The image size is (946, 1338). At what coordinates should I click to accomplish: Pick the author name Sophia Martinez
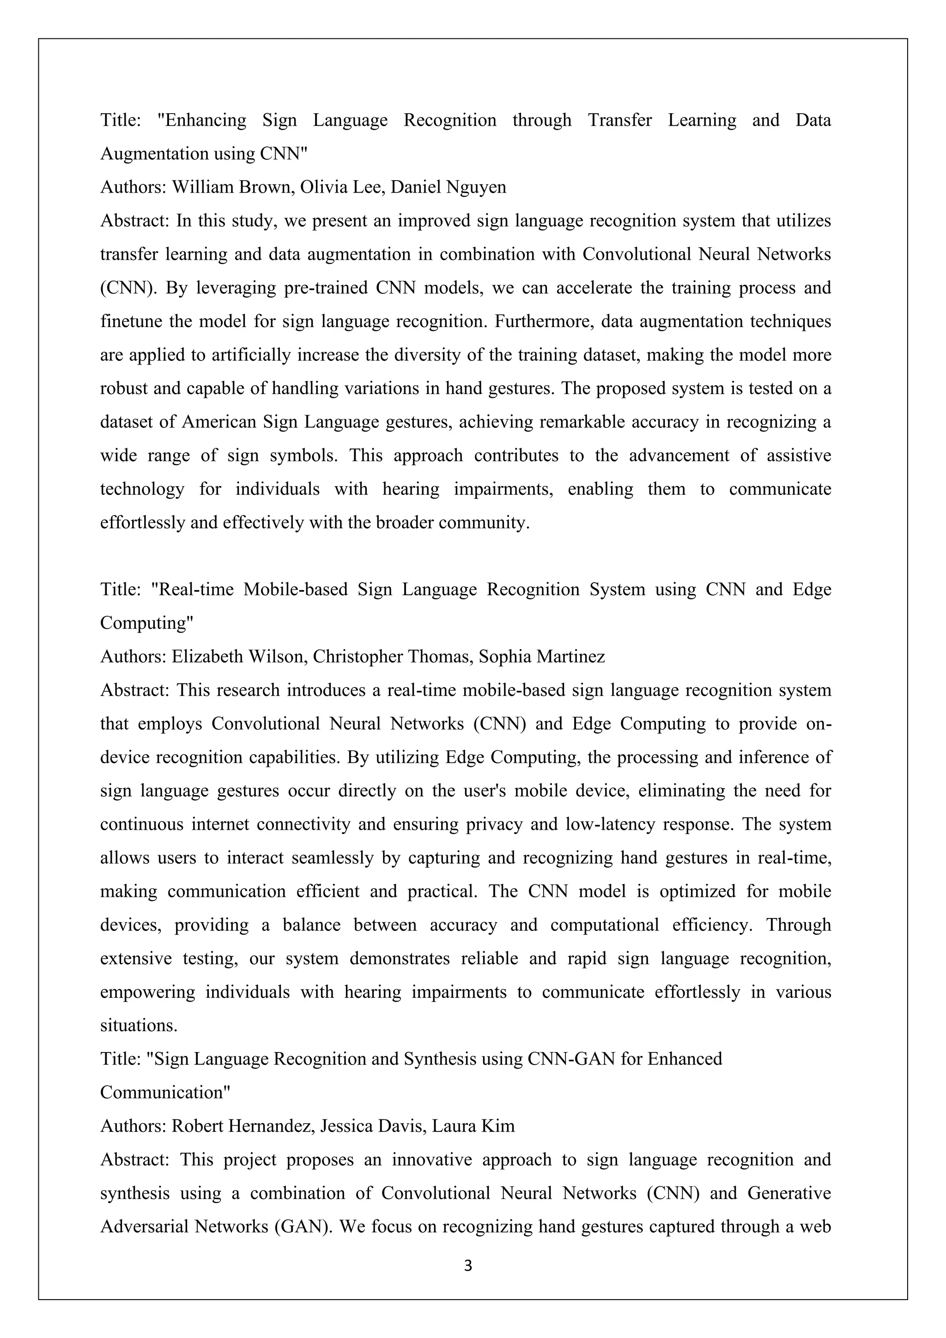[x=542, y=657]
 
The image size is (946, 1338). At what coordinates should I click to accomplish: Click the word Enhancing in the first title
[x=201, y=120]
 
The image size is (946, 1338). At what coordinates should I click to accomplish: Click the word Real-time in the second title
[x=192, y=589]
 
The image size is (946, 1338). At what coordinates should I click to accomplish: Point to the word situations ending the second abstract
[x=138, y=1026]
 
